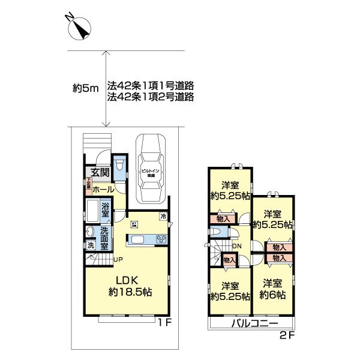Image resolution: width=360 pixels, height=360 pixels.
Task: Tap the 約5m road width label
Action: (x=85, y=89)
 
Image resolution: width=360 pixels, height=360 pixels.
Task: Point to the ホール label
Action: (x=103, y=187)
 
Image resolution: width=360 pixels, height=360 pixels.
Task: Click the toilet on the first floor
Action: (x=119, y=166)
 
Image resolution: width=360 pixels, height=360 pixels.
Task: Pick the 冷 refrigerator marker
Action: (x=163, y=216)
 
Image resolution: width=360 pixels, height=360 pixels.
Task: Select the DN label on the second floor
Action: (x=237, y=245)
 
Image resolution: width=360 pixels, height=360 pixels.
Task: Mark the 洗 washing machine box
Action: (x=91, y=245)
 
